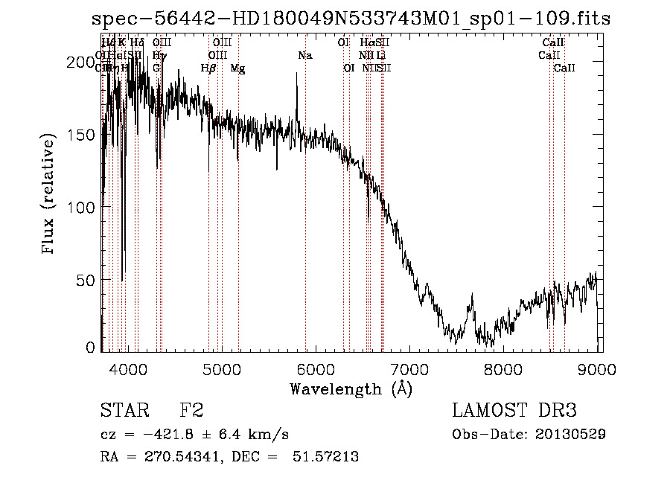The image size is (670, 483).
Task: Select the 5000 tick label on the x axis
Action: click(x=222, y=368)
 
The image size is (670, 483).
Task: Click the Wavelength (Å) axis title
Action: click(x=351, y=388)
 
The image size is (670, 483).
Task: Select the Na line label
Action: click(x=304, y=56)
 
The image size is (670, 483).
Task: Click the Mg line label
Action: click(x=237, y=68)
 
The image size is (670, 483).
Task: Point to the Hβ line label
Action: click(x=208, y=68)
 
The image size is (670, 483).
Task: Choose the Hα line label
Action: click(x=368, y=43)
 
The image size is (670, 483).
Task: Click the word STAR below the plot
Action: click(x=123, y=411)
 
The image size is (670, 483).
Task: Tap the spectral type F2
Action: click(x=191, y=411)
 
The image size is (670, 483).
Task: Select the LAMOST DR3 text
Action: click(x=514, y=411)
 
